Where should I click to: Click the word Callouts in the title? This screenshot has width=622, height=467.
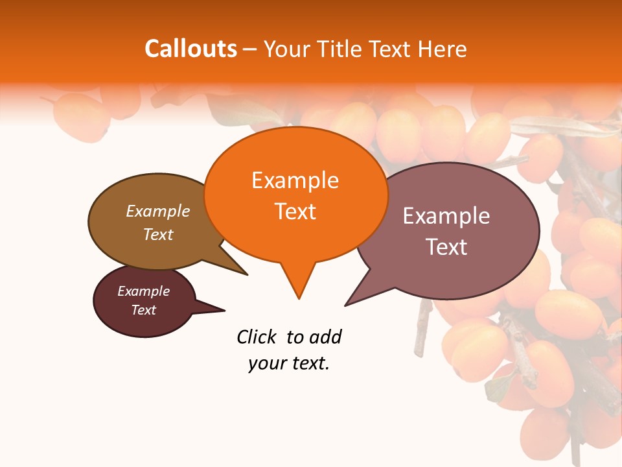pyautogui.click(x=190, y=49)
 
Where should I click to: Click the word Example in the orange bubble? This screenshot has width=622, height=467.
pyautogui.click(x=295, y=180)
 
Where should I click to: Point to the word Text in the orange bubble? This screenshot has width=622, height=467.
pyautogui.click(x=295, y=211)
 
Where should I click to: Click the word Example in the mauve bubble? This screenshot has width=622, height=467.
pyautogui.click(x=446, y=216)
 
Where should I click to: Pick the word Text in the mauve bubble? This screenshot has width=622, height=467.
pyautogui.click(x=446, y=247)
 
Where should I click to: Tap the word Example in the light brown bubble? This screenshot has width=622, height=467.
pyautogui.click(x=158, y=211)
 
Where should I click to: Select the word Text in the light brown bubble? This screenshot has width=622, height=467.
pyautogui.click(x=158, y=235)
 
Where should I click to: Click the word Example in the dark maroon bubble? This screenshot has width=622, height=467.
pyautogui.click(x=144, y=292)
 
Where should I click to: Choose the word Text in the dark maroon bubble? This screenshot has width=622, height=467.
pyautogui.click(x=144, y=310)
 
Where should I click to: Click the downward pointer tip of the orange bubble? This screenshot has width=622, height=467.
pyautogui.click(x=299, y=298)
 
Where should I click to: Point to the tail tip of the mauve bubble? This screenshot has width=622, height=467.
pyautogui.click(x=345, y=305)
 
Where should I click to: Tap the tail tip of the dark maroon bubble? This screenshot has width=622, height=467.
pyautogui.click(x=224, y=310)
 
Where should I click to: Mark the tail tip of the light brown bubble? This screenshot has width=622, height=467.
pyautogui.click(x=247, y=274)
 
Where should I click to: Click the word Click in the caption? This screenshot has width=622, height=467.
pyautogui.click(x=257, y=337)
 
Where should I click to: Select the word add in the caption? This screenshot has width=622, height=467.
pyautogui.click(x=325, y=337)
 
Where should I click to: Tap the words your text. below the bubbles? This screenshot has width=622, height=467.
pyautogui.click(x=289, y=364)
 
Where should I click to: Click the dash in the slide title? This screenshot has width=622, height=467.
pyautogui.click(x=250, y=49)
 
